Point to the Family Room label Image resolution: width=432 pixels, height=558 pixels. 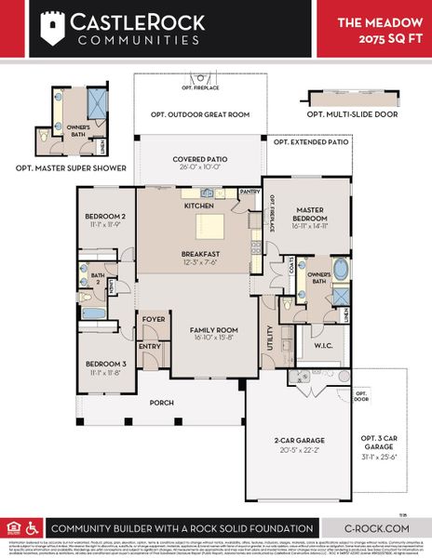[x=214, y=331]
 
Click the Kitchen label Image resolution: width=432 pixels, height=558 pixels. [x=199, y=205]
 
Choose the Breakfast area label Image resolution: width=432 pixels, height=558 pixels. [x=200, y=253]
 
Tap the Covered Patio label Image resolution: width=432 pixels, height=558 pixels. [x=200, y=159]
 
